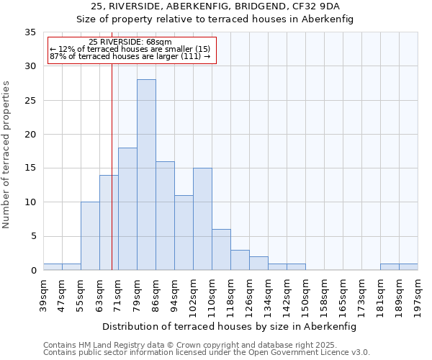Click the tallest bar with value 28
click(x=146, y=175)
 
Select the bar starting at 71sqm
click(x=127, y=209)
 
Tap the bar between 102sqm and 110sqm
click(x=202, y=219)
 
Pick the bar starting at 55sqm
click(x=90, y=236)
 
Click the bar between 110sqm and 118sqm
click(x=221, y=250)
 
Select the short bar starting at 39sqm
click(x=53, y=266)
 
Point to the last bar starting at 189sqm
click(x=408, y=266)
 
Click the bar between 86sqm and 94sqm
click(x=165, y=216)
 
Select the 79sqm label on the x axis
click(x=137, y=294)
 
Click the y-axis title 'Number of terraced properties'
click(x=7, y=155)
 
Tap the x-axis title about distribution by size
click(x=230, y=326)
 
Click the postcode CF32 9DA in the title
click(x=330, y=6)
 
